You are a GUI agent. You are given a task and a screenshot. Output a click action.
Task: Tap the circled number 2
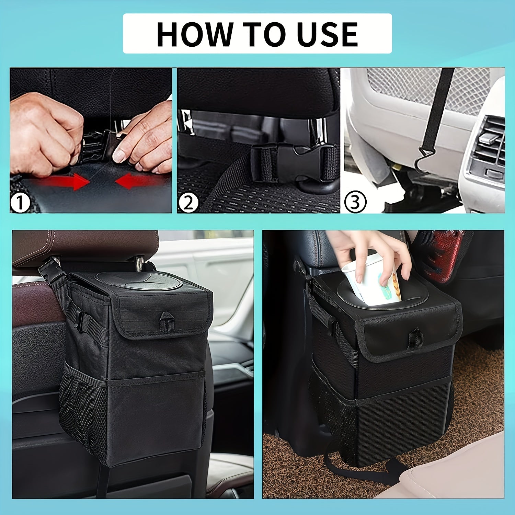[x=188, y=202]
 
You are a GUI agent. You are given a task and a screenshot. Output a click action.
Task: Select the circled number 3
[x=355, y=202]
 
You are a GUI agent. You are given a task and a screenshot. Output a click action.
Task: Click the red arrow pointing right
[x=65, y=181]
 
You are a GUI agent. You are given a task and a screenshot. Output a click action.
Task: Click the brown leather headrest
[x=86, y=247]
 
